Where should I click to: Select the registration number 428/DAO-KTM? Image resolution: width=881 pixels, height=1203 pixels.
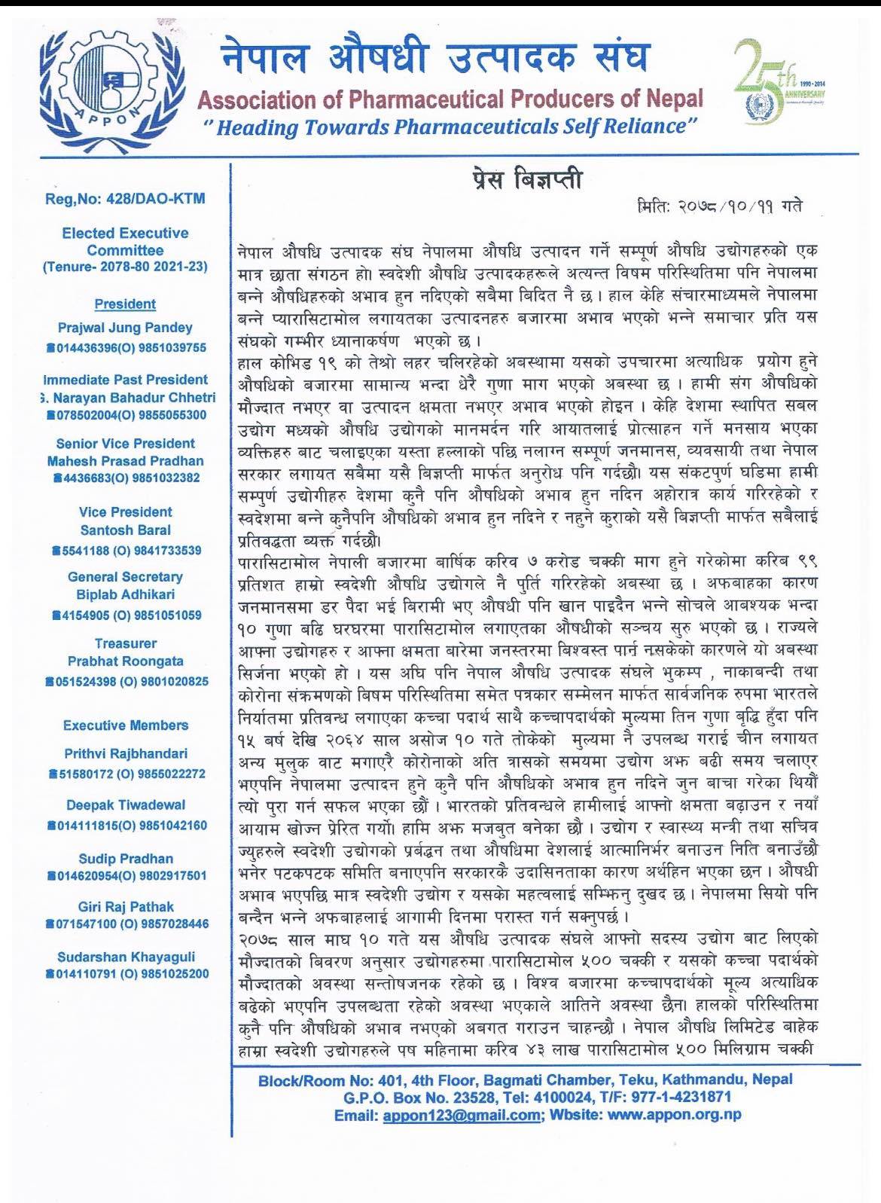point(125,199)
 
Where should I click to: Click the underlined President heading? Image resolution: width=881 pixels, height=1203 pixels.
point(125,304)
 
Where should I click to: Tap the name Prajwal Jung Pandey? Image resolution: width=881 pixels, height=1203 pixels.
point(125,328)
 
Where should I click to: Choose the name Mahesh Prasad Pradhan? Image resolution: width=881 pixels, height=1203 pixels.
point(125,461)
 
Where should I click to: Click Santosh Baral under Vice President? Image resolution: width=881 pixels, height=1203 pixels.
point(125,530)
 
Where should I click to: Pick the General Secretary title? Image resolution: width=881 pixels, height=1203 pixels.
point(125,577)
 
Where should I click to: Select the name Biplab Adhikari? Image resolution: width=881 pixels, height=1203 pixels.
point(125,594)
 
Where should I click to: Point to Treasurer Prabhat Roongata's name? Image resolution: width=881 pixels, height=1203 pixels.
point(125,661)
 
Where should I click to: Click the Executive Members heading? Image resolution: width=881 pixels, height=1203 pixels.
point(125,725)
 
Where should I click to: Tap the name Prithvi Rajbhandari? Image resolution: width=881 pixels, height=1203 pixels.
point(125,753)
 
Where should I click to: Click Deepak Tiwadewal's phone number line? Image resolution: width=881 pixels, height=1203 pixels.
point(125,826)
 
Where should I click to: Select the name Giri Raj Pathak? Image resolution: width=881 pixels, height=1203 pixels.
point(125,907)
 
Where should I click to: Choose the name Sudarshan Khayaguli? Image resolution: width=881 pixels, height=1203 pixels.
point(125,957)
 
